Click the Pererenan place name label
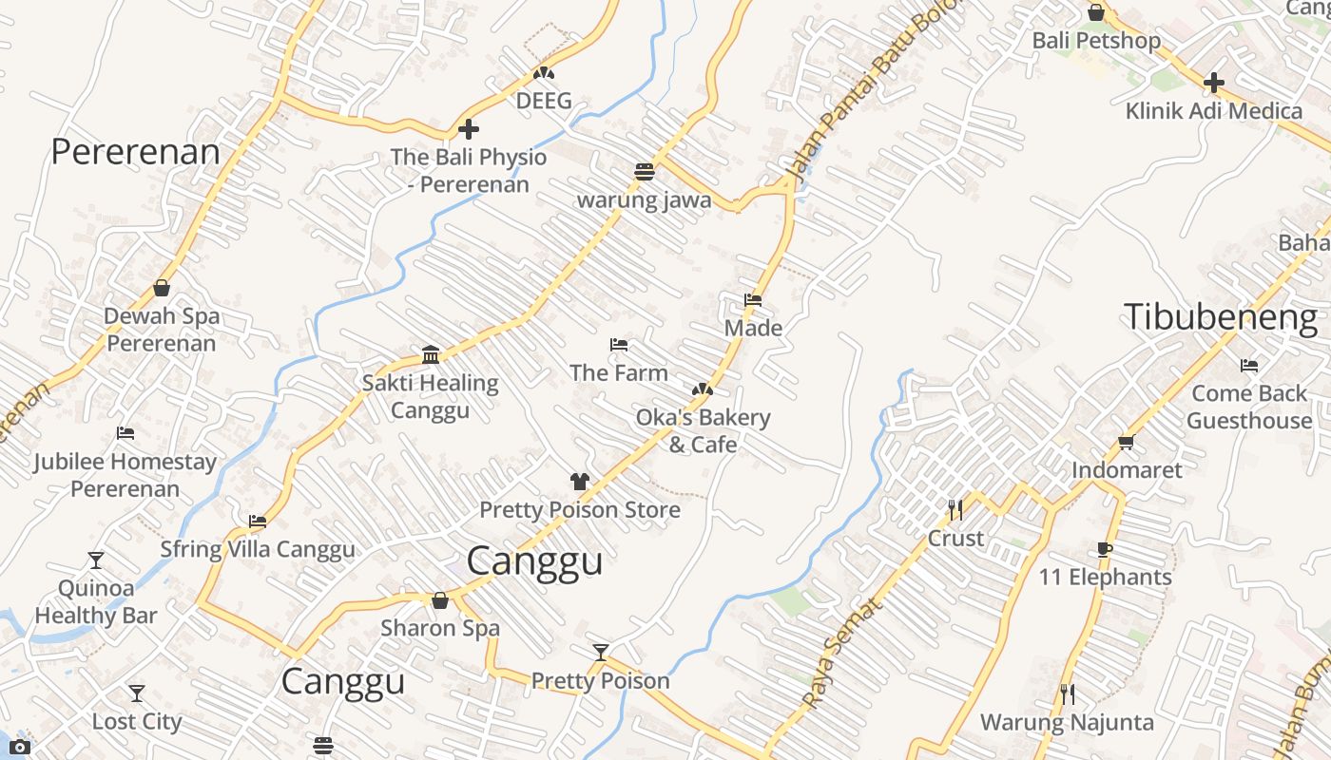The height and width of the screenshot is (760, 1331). (135, 152)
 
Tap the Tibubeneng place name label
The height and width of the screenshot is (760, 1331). (1221, 317)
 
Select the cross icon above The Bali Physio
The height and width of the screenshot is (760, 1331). (469, 129)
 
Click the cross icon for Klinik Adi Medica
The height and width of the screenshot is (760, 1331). (1214, 83)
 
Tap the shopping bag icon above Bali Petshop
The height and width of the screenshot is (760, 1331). (1096, 12)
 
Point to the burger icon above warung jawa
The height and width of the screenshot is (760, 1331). (645, 172)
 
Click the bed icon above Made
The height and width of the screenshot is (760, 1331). (753, 300)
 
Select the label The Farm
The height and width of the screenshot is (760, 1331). (619, 372)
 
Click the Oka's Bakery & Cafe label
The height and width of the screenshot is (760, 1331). (703, 430)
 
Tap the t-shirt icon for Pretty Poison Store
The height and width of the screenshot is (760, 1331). (580, 482)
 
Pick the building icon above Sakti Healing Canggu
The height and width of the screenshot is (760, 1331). (431, 355)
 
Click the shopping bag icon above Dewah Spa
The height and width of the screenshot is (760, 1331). (162, 288)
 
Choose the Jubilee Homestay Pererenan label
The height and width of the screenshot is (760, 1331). (125, 475)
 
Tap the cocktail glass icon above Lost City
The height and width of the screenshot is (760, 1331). (137, 693)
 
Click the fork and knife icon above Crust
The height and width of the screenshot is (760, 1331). (955, 510)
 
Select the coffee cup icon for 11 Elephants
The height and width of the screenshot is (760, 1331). (1104, 549)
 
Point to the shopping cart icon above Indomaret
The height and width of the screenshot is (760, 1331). (1127, 442)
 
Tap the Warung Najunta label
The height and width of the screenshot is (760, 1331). (1067, 722)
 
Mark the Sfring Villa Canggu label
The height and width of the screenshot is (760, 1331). (258, 549)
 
